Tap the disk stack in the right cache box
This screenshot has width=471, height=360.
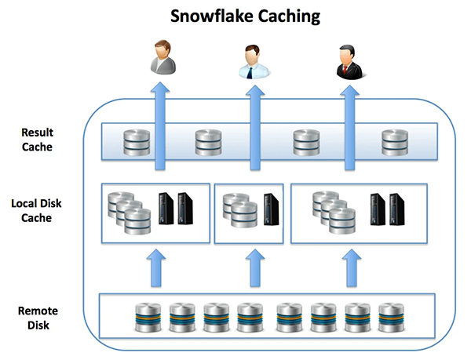tap(331, 211)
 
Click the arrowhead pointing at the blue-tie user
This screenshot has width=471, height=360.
tap(254, 93)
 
